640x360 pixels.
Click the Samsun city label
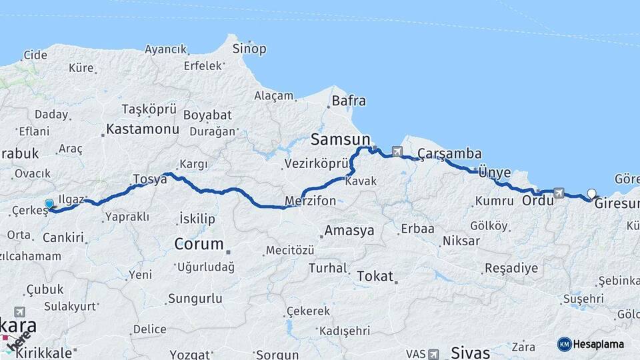click(x=340, y=140)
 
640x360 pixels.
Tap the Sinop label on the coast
click(x=249, y=49)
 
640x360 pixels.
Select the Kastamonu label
click(x=143, y=129)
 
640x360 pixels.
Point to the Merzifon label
click(x=310, y=201)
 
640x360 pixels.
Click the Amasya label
click(x=349, y=231)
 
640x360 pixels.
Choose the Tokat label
click(x=375, y=276)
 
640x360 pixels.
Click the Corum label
click(x=199, y=244)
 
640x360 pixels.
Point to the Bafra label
click(x=349, y=101)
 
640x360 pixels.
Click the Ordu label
click(x=537, y=200)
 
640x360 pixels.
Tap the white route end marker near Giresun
click(x=591, y=195)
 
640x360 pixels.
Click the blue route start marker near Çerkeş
click(x=49, y=204)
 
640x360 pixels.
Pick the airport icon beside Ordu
click(x=559, y=193)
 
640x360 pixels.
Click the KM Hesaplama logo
click(x=591, y=344)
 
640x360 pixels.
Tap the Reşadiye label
click(x=511, y=269)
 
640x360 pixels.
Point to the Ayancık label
click(x=166, y=49)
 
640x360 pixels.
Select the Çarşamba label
click(x=449, y=155)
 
